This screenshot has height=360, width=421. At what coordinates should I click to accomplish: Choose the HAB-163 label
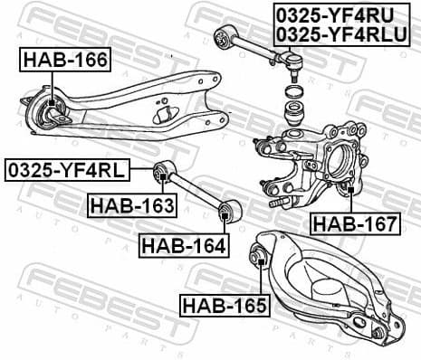(x=131, y=205)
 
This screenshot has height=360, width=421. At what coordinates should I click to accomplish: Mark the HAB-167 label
(x=354, y=223)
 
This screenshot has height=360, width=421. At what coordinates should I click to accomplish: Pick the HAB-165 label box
(x=224, y=305)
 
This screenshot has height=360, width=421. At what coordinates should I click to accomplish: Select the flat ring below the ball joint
(x=292, y=92)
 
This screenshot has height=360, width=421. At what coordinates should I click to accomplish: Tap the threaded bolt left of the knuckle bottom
(x=279, y=202)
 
